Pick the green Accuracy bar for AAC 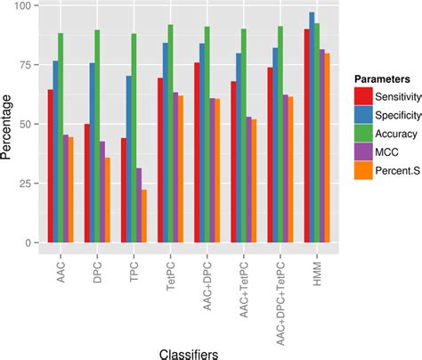(60, 137)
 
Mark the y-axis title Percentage (8, 125)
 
